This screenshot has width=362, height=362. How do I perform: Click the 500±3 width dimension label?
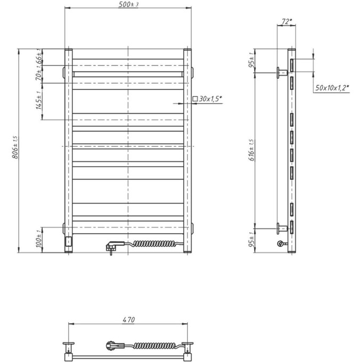click(128, 4)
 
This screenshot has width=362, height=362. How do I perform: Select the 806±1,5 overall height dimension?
click(15, 147)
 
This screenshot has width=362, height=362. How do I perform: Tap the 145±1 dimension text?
click(38, 100)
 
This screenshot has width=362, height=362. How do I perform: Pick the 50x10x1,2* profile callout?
click(332, 88)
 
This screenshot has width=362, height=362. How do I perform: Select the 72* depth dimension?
click(286, 21)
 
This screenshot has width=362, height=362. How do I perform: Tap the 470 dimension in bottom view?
click(129, 320)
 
